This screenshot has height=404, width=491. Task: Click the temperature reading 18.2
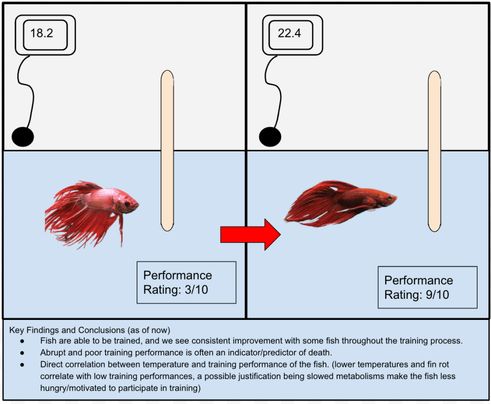click(41, 33)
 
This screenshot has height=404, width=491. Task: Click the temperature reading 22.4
click(289, 33)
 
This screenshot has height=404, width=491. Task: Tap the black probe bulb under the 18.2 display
click(23, 137)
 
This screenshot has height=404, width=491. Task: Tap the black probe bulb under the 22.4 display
click(270, 137)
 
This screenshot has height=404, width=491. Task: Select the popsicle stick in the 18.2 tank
click(167, 150)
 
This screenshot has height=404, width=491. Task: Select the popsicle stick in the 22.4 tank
click(434, 150)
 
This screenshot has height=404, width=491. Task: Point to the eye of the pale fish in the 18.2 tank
click(127, 204)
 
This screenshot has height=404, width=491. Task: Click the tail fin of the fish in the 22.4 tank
click(307, 207)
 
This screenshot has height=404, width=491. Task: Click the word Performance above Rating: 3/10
click(177, 275)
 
